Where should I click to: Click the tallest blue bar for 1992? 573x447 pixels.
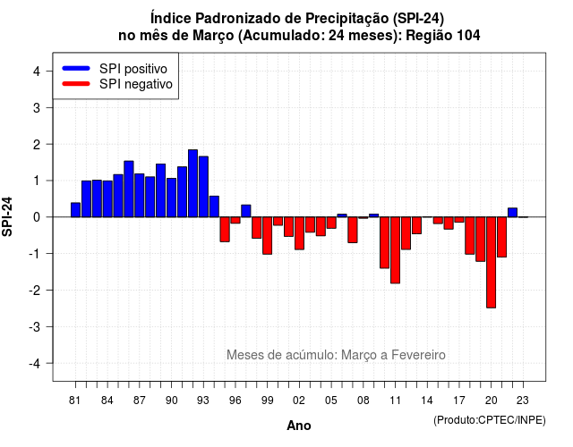pos(193,183)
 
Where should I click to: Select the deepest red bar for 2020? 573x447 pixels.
pos(492,262)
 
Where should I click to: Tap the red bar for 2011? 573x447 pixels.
pos(395,250)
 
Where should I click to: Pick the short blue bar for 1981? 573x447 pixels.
pos(75,210)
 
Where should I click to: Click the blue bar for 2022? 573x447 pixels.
pos(512,213)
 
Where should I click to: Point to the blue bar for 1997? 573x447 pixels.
pos(246,211)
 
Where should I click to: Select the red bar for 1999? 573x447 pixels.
pos(267,236)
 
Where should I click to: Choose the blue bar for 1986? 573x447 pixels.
pos(129,189)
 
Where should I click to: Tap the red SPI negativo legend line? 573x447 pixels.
pos(76,84)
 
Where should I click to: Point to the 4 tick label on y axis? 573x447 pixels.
pos(37,72)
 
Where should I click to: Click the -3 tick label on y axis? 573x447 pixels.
pos(34,327)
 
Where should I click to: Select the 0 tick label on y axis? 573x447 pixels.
pos(37,217)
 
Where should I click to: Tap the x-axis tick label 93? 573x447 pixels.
pos(203,401)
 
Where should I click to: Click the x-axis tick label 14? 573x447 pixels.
pos(427,401)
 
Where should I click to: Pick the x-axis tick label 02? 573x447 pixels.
pos(299,401)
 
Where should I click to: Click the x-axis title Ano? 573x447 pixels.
pos(299,426)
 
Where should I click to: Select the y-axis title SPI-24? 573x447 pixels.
pos(7,216)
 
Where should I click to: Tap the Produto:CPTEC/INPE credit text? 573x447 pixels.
pos(490,420)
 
